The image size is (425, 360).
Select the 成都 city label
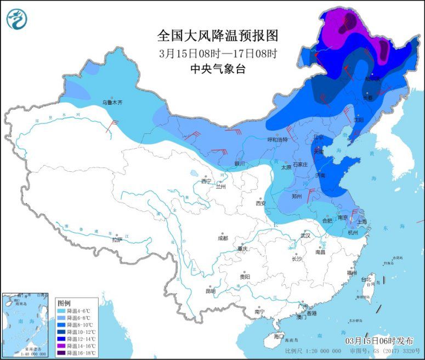click(x=222, y=238)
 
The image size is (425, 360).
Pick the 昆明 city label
click(x=210, y=291)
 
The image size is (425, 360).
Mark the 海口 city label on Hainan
click(x=279, y=336)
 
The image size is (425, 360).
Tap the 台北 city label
click(x=366, y=279)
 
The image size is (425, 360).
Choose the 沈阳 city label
click(x=359, y=119)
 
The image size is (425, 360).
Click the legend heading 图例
click(x=64, y=303)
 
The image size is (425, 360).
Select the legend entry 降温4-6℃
click(x=78, y=311)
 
